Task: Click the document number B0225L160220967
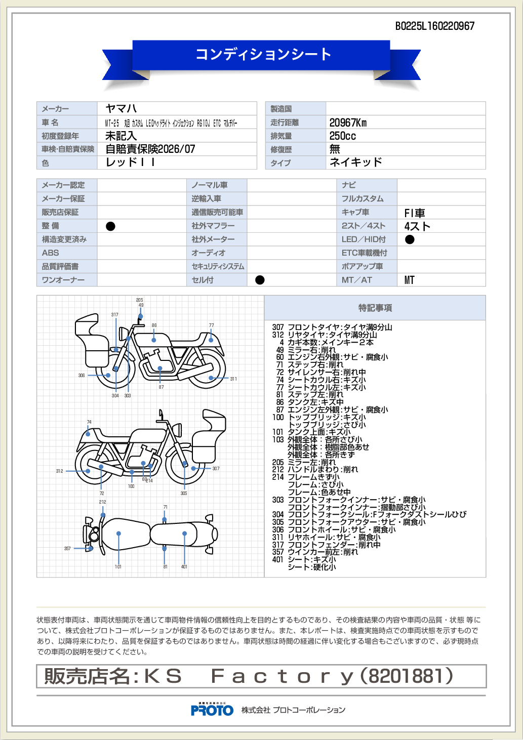[434, 26]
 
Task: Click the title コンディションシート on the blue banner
[263, 54]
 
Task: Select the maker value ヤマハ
[121, 108]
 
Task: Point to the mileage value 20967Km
[348, 122]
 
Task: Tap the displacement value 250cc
[342, 136]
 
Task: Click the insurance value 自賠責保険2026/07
[150, 149]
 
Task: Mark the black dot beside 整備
[110, 226]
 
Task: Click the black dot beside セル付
[260, 280]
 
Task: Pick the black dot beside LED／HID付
[410, 239]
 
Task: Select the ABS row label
[51, 253]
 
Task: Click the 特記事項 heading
[375, 308]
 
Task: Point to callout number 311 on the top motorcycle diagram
[233, 379]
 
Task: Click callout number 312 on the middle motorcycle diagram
[60, 471]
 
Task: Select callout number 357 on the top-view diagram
[67, 549]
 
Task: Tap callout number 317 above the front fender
[115, 315]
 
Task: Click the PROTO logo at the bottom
[212, 710]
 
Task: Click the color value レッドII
[130, 162]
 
